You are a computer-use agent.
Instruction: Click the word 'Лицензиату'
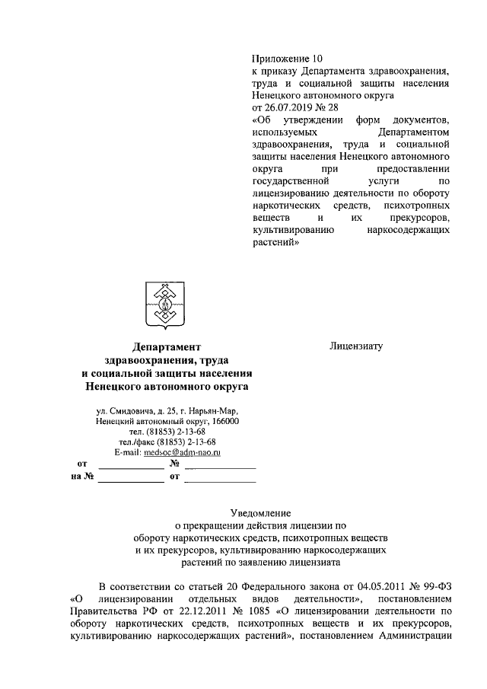355,346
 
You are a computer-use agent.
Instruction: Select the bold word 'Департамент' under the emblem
167,347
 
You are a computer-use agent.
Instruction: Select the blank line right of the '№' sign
221,464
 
